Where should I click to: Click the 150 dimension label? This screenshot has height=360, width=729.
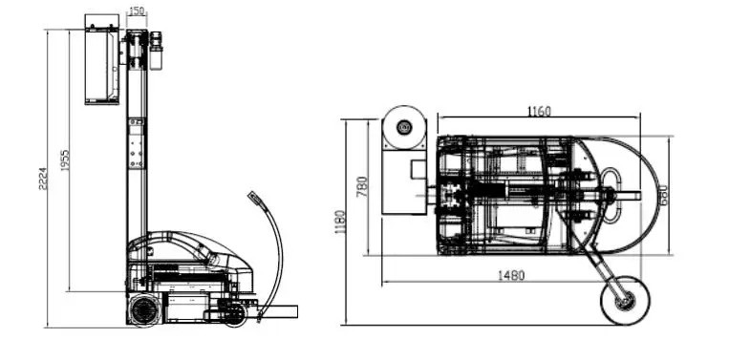137,11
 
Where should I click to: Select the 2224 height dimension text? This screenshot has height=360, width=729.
43,179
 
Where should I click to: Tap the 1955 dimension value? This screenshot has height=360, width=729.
65,160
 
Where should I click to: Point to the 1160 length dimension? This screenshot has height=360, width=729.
539,112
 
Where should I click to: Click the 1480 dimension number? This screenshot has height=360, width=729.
511,275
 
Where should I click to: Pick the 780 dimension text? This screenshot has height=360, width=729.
362,186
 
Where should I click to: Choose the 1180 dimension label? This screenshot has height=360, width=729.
340,222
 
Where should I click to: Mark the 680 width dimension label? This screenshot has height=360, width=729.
662,196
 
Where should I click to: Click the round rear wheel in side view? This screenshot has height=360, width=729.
144,309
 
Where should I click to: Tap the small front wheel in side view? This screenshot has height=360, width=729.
235,315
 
